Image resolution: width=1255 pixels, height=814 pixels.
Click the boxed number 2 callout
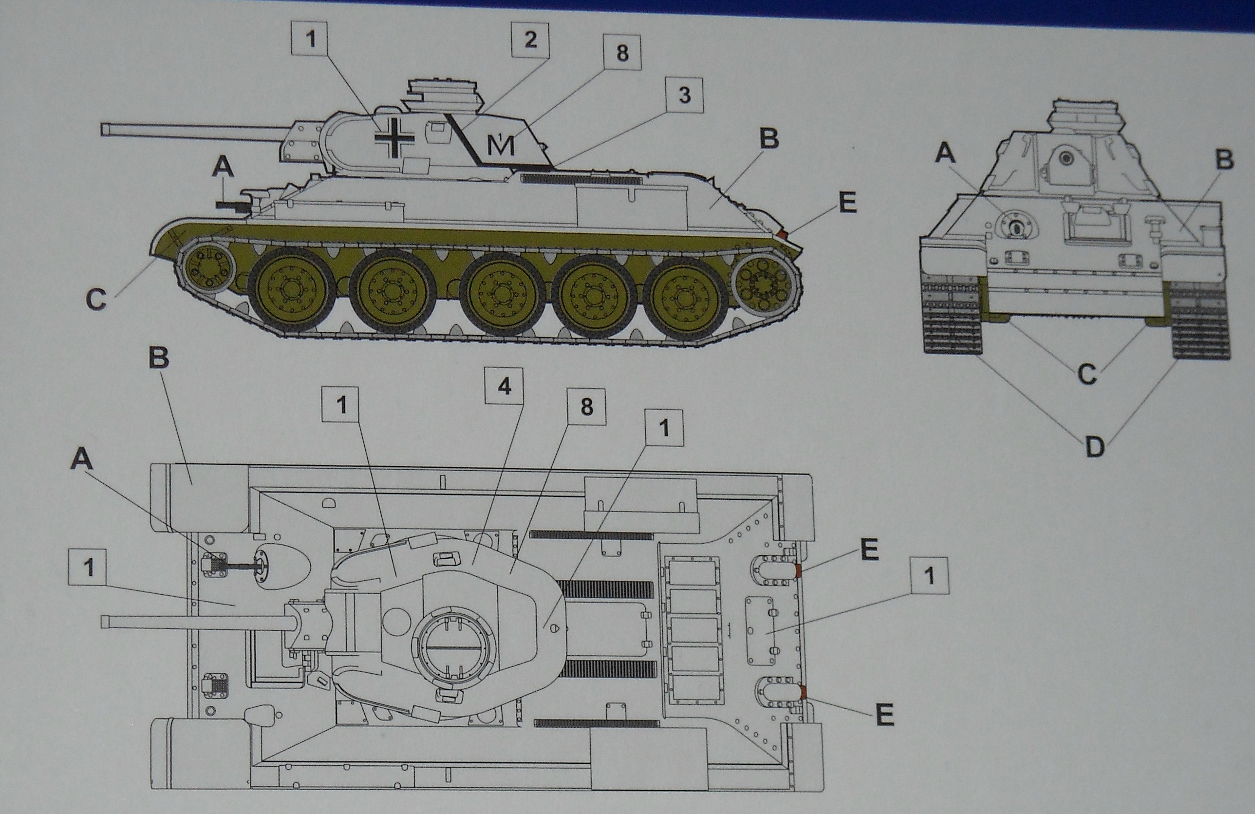pyautogui.click(x=530, y=39)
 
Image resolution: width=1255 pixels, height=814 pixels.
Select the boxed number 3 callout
pyautogui.click(x=684, y=95)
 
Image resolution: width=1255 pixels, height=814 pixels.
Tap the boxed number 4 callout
pyautogui.click(x=504, y=387)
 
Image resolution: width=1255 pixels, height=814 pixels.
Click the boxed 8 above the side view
pyautogui.click(x=622, y=53)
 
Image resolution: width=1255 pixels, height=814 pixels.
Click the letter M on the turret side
pyautogui.click(x=500, y=145)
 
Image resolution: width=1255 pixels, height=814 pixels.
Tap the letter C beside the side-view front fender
pyautogui.click(x=96, y=300)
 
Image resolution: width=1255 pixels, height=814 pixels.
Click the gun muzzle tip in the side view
pyautogui.click(x=104, y=129)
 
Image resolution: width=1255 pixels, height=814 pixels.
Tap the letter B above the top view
pyautogui.click(x=158, y=359)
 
